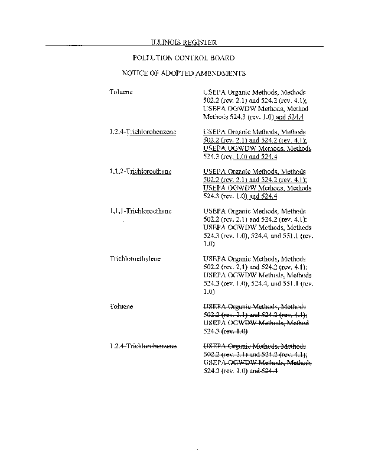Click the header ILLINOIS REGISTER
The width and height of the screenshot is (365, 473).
pyautogui.click(x=183, y=42)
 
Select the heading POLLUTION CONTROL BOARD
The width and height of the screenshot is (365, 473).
pyautogui.click(x=183, y=58)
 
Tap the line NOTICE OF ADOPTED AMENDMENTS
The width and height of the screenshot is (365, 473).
pyautogui.click(x=183, y=73)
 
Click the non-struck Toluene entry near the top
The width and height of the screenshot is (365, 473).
pyautogui.click(x=121, y=93)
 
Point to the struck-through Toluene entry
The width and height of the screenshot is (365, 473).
pyautogui.click(x=121, y=306)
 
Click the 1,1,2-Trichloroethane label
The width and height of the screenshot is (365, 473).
pyautogui.click(x=141, y=171)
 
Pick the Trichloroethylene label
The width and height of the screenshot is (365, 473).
pyautogui.click(x=135, y=259)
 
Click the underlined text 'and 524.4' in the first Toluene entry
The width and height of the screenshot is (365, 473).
pyautogui.click(x=289, y=118)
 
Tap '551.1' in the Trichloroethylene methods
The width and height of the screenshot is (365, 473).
pyautogui.click(x=289, y=283)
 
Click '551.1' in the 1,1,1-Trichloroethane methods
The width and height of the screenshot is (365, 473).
pyautogui.click(x=289, y=235)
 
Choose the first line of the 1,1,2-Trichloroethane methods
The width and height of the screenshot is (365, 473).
pyautogui.click(x=254, y=171)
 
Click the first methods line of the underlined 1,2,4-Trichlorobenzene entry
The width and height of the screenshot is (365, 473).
pyautogui.click(x=254, y=132)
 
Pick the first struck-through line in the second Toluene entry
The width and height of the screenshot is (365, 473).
pyautogui.click(x=254, y=306)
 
